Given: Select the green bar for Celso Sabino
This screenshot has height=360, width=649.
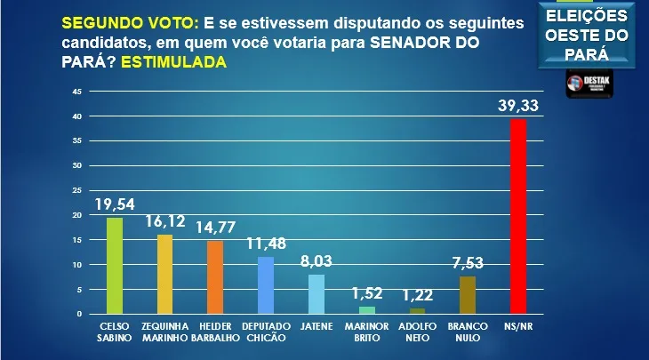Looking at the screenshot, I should tap(115, 266).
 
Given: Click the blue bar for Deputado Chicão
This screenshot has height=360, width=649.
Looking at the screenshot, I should tap(265, 285).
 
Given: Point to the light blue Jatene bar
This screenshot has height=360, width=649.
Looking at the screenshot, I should tap(316, 294).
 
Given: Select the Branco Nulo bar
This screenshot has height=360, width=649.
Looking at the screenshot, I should tap(468, 295).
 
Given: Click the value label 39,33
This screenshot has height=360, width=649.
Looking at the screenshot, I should tap(519, 108).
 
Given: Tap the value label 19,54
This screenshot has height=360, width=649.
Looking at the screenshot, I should tap(115, 205).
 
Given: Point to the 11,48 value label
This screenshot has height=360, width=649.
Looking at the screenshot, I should tap(265, 245).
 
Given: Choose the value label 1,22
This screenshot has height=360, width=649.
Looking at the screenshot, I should tap(417, 297).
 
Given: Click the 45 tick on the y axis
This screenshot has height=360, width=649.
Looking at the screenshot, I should tap(77, 92).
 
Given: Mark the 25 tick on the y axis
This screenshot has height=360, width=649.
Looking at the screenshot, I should tap(77, 190).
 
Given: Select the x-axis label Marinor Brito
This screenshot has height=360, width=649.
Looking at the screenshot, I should tap(366, 332).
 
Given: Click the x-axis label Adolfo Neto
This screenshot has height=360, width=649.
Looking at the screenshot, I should tap(417, 332).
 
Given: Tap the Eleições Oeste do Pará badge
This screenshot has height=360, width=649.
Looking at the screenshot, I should tap(586, 35).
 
